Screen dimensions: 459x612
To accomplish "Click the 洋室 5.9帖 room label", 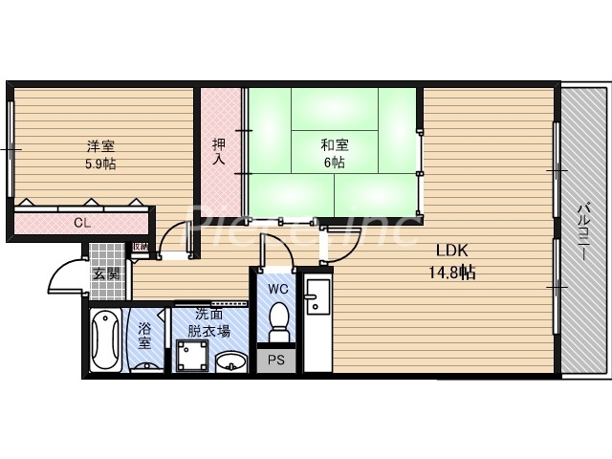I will [x=101, y=155].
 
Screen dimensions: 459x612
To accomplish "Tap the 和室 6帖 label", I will [x=334, y=154].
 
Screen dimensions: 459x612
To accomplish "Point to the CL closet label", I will [x=83, y=224].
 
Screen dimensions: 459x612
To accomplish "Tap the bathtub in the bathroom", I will [x=105, y=339].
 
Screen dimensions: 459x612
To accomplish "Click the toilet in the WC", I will [x=279, y=323].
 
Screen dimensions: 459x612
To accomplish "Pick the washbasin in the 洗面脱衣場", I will [x=229, y=362].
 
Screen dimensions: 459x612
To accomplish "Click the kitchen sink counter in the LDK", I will [x=316, y=320].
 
